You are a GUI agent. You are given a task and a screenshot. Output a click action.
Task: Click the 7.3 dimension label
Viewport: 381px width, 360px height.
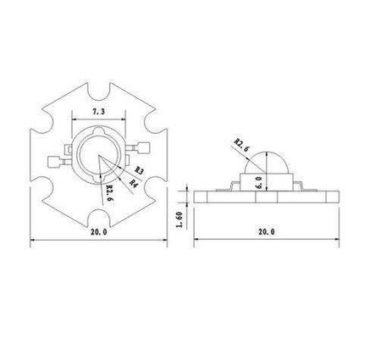click(100, 112)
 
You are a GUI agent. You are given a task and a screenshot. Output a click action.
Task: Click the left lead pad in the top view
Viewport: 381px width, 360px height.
click(57, 161)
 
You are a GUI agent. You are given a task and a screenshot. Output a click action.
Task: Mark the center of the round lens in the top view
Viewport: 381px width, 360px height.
click(99, 161)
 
